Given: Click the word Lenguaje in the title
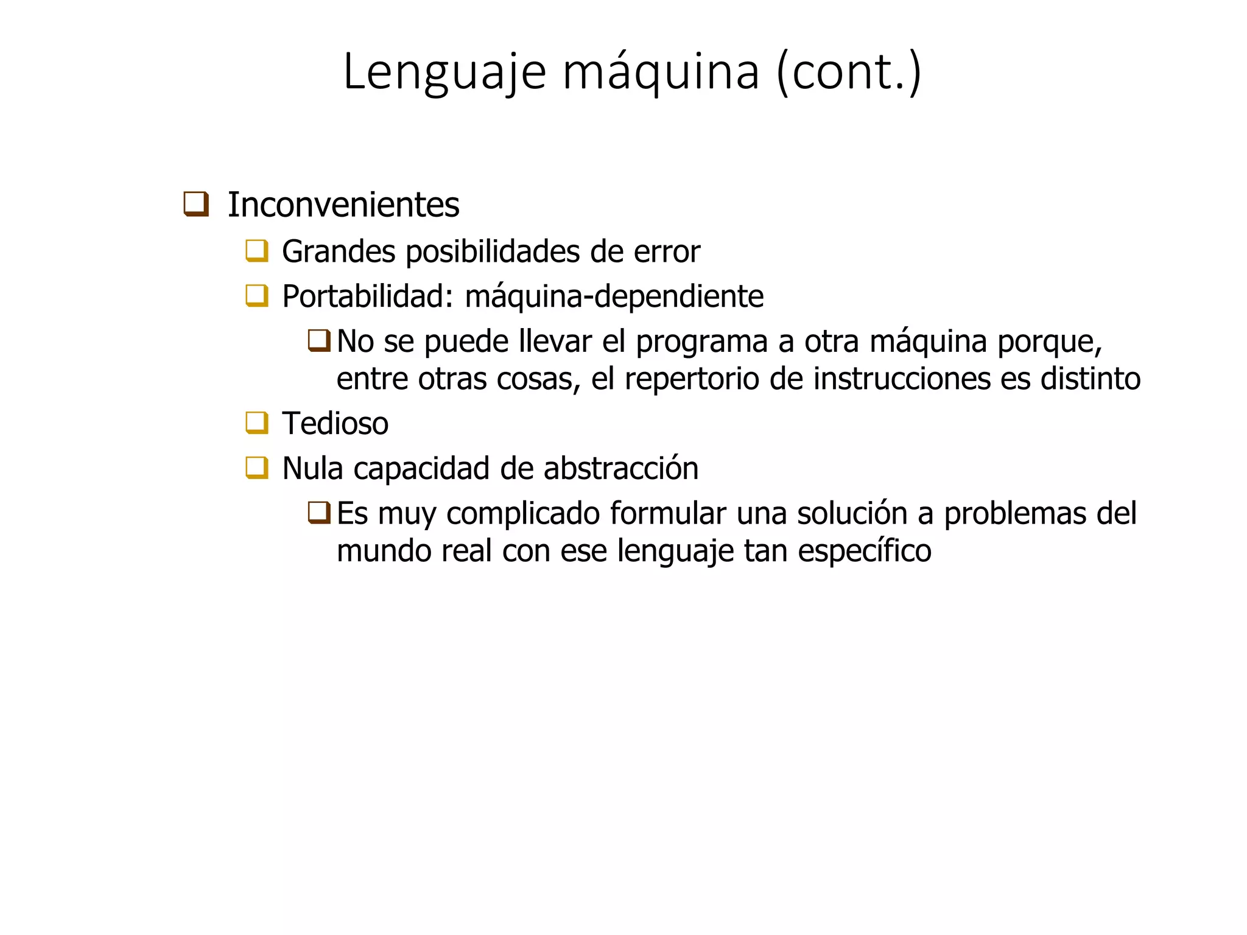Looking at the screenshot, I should click(x=444, y=72).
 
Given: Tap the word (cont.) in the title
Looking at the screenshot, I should click(x=849, y=72).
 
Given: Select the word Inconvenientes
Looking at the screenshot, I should click(x=343, y=205).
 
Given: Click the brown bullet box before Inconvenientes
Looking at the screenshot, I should click(x=196, y=204).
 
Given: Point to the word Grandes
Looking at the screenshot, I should click(x=339, y=251).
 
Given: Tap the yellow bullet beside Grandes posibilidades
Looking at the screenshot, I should click(x=257, y=251).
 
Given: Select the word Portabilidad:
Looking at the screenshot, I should click(x=368, y=296).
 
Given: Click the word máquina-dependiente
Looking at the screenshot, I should click(x=614, y=296).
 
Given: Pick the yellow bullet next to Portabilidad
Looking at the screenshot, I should click(x=257, y=296).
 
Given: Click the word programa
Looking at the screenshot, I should click(x=701, y=341).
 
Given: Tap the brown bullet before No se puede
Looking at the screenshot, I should click(x=319, y=340).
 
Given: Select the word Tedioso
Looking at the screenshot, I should click(x=335, y=424).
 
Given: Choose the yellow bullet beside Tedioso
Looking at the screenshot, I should click(x=257, y=422).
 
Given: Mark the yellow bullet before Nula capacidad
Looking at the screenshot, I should click(x=257, y=467).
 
